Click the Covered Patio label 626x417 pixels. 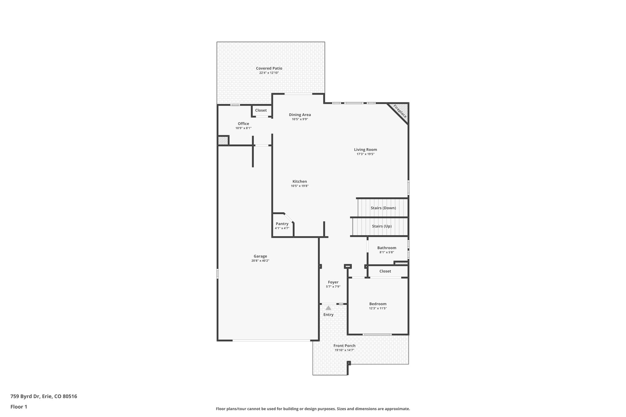pyautogui.click(x=269, y=68)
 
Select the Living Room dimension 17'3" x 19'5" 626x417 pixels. pyautogui.click(x=365, y=154)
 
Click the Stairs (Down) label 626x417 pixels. pyautogui.click(x=383, y=208)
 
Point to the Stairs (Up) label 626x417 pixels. pyautogui.click(x=381, y=226)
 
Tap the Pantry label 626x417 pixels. pyautogui.click(x=282, y=224)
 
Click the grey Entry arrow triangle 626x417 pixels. pyautogui.click(x=328, y=308)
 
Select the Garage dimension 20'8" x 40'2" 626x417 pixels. pyautogui.click(x=260, y=261)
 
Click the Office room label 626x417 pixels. pyautogui.click(x=243, y=124)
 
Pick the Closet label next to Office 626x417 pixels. pyautogui.click(x=261, y=110)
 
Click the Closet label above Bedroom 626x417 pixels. pyautogui.click(x=385, y=271)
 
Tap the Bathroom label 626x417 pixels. pyautogui.click(x=386, y=248)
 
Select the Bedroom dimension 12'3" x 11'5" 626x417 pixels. pyautogui.click(x=378, y=309)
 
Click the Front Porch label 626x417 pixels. pyautogui.click(x=344, y=346)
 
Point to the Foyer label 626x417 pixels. pyautogui.click(x=333, y=282)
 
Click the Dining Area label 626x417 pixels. pyautogui.click(x=300, y=115)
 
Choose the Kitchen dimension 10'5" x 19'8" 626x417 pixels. pyautogui.click(x=300, y=186)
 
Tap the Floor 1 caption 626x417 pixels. pyautogui.click(x=19, y=407)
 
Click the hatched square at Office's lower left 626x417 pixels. pyautogui.click(x=223, y=141)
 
